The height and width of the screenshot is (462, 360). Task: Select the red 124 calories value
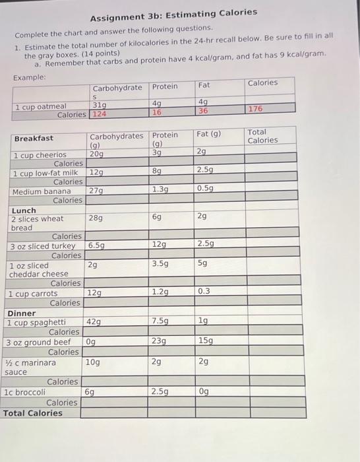click(x=100, y=114)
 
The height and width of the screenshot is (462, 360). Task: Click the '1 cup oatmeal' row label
click(x=40, y=106)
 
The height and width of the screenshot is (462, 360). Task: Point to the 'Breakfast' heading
click(x=34, y=138)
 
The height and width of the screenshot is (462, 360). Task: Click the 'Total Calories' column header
click(x=262, y=136)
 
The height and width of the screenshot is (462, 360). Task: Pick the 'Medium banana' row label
click(x=42, y=191)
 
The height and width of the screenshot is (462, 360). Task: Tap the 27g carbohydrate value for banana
click(x=96, y=191)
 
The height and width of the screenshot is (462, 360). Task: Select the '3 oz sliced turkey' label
click(x=43, y=246)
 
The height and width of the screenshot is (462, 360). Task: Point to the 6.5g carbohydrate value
click(x=98, y=245)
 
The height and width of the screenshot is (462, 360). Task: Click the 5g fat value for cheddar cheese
click(x=202, y=263)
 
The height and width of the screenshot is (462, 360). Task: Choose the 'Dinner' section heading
click(x=21, y=313)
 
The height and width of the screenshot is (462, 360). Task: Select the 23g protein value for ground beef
click(x=159, y=341)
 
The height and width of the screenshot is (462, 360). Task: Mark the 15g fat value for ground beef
click(x=204, y=341)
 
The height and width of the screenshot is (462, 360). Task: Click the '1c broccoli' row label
click(x=24, y=392)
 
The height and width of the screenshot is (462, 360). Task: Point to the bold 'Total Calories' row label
click(x=33, y=413)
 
